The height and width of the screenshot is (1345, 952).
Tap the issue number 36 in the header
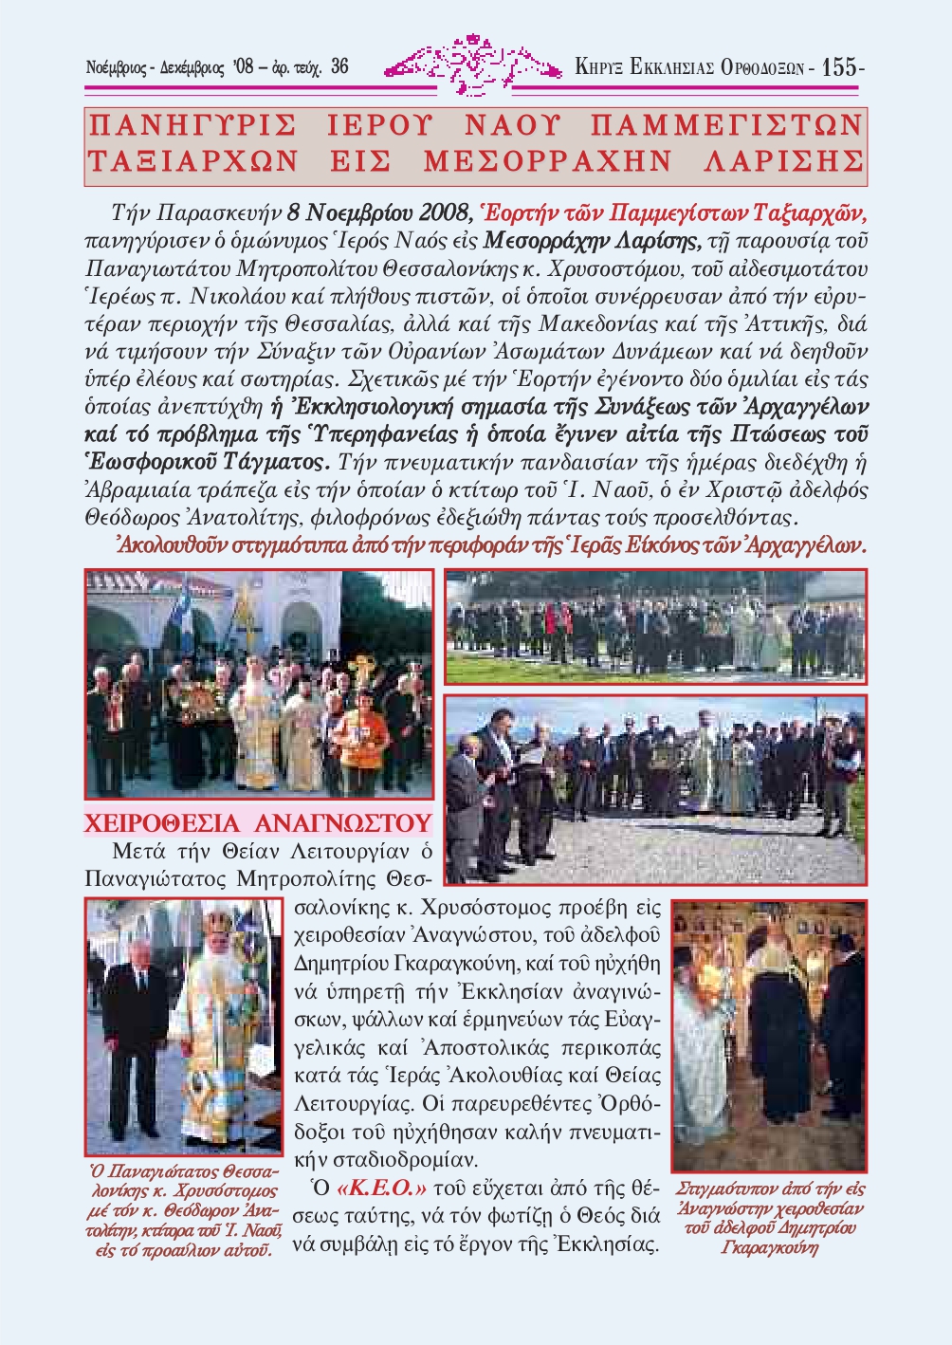pyautogui.click(x=339, y=67)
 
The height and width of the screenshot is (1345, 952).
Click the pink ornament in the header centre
pyautogui.click(x=471, y=64)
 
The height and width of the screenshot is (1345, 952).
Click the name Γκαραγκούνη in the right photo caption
pyautogui.click(x=769, y=1247)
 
